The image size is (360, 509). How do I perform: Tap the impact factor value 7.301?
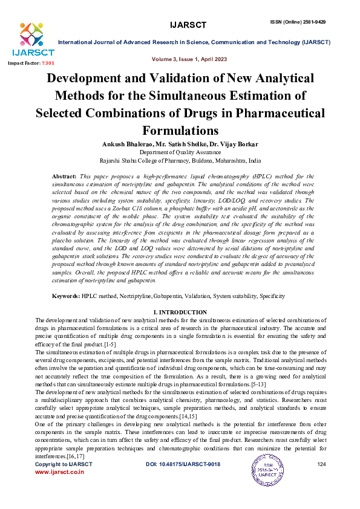click(x=48, y=63)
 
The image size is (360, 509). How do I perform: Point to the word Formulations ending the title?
click(x=180, y=131)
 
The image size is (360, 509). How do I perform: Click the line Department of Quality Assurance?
click(x=180, y=153)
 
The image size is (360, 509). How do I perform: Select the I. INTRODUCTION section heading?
click(x=180, y=311)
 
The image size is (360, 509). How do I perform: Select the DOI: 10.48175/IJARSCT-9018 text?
click(x=183, y=464)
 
